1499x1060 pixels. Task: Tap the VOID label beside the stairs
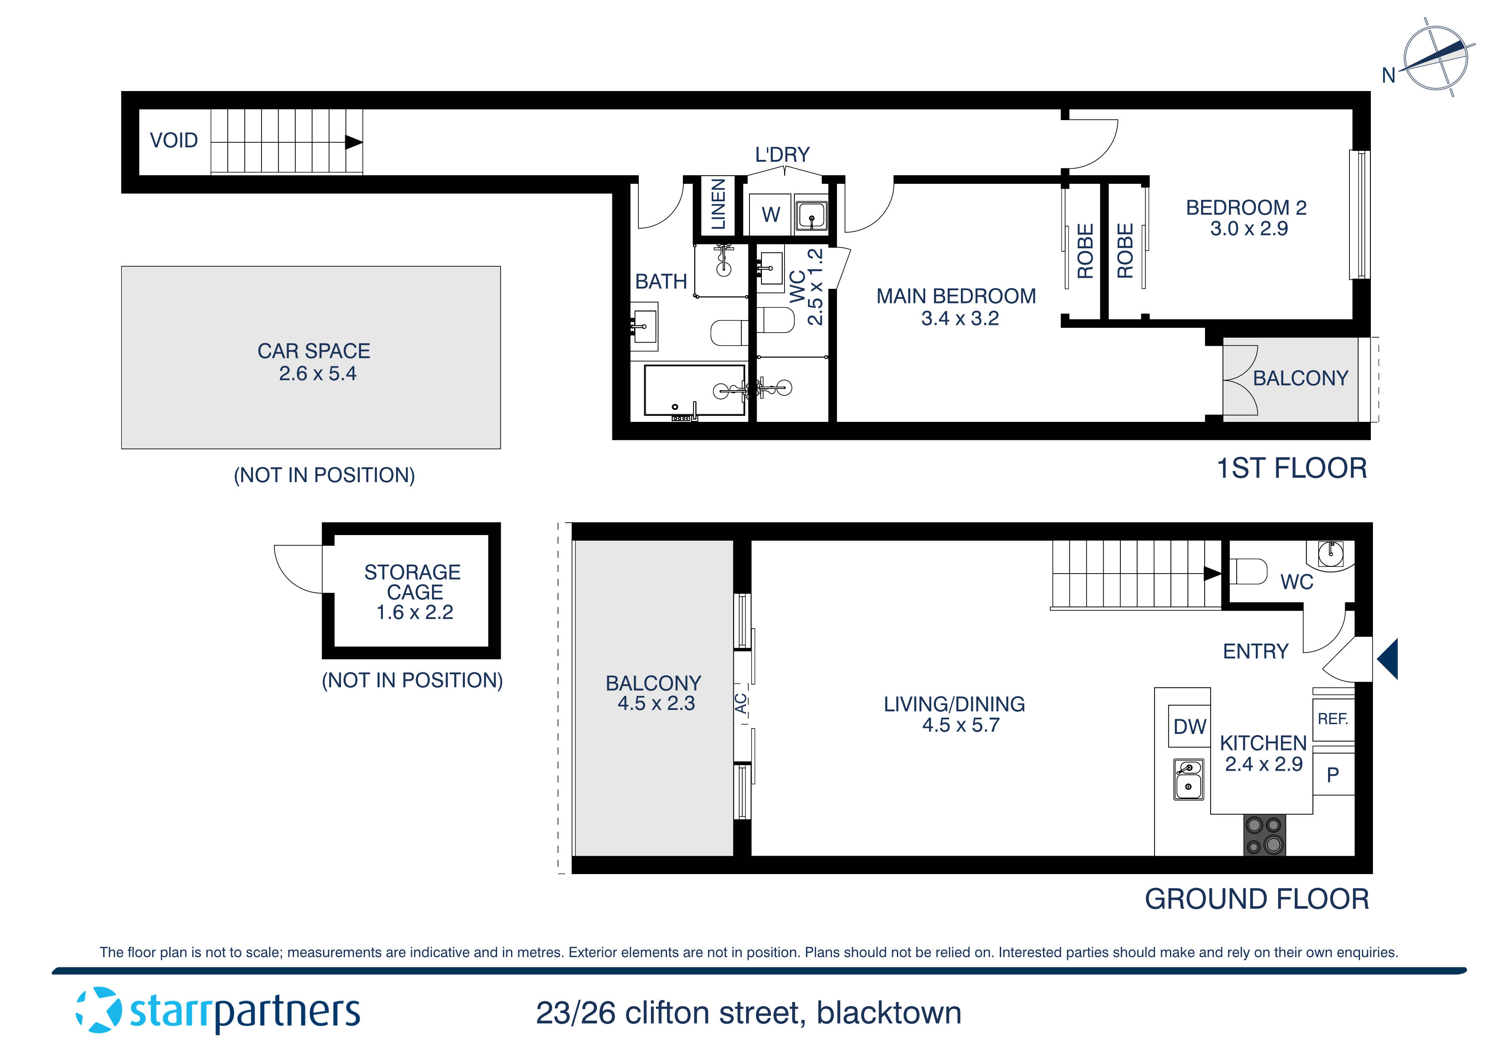173,141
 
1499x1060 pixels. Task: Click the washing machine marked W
770,214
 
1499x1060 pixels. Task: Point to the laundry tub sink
811,215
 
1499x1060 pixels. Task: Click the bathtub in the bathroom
694,390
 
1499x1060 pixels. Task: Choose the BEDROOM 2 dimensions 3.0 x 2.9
1248,229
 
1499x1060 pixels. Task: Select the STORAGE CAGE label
413,582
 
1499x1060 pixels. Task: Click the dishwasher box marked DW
1189,726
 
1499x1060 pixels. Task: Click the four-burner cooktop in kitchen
1264,835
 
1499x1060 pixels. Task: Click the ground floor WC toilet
1248,571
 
